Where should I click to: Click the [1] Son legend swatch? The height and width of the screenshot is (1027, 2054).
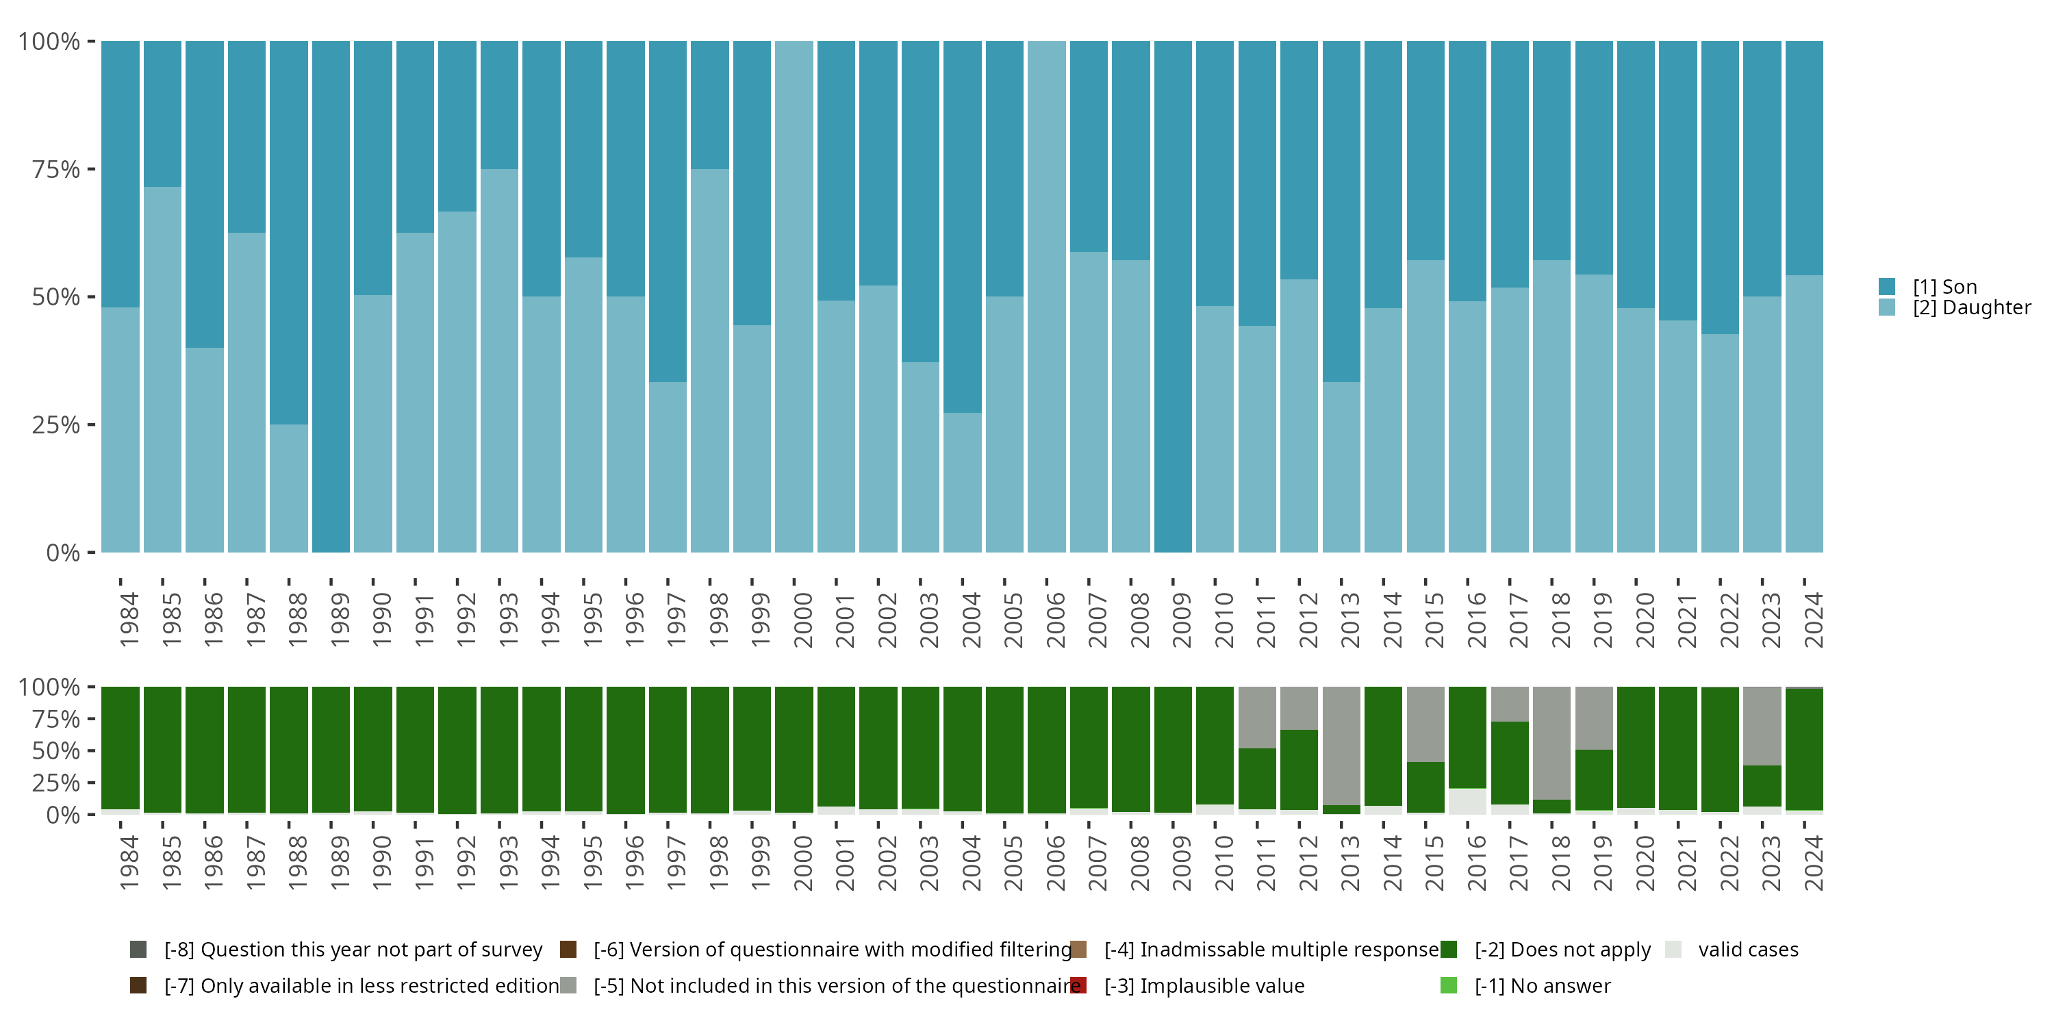[1886, 286]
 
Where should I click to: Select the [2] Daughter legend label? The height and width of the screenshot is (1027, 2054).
[1972, 308]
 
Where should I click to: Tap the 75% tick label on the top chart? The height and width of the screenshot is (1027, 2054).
[56, 169]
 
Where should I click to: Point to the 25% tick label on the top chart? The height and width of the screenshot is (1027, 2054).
[56, 425]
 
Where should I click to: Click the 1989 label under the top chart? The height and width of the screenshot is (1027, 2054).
[340, 620]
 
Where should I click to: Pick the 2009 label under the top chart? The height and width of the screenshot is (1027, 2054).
[1182, 620]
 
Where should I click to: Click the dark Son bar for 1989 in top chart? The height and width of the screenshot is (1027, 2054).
[331, 296]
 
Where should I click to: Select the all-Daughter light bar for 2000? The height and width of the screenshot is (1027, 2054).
[794, 296]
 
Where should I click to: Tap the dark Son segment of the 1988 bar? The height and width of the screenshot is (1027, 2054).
[289, 233]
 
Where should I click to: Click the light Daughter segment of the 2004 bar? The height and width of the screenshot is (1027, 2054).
[963, 483]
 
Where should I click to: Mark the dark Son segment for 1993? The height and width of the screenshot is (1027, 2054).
[499, 105]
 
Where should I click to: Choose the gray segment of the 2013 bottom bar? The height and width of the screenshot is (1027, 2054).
[1341, 746]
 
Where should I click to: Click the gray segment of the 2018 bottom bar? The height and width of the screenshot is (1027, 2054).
[1551, 743]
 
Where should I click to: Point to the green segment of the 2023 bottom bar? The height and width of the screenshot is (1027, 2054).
[1762, 786]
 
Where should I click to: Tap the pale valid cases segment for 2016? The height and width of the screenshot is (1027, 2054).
[1468, 801]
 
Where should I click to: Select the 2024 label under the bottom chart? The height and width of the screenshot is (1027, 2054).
[1813, 863]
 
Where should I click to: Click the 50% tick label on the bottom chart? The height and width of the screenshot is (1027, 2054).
[56, 750]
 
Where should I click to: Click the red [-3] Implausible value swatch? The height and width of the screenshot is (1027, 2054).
[1078, 985]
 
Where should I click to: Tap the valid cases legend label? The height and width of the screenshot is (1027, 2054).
[1749, 950]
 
